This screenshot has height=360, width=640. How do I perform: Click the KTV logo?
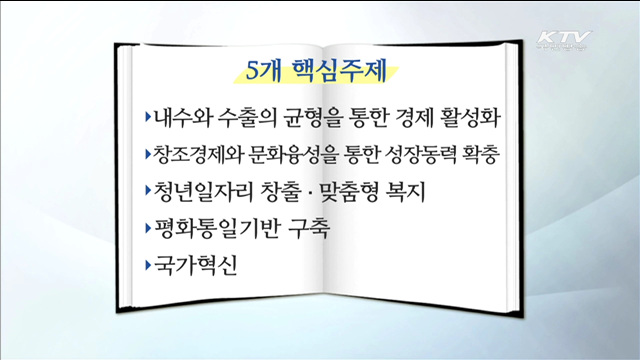(x=564, y=41)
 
